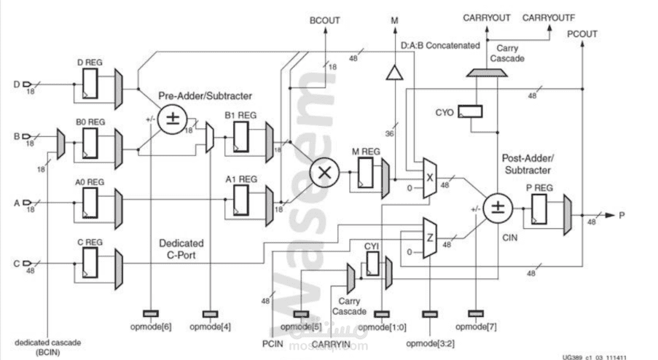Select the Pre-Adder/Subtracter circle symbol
[x=172, y=119]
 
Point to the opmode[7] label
[x=476, y=326]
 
